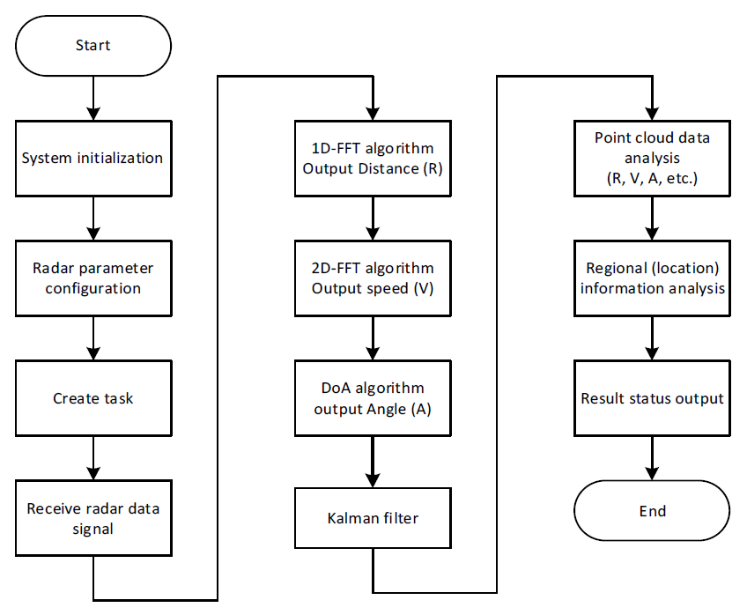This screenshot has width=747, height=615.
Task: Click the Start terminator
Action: (x=92, y=44)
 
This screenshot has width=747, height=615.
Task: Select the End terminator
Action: (x=652, y=511)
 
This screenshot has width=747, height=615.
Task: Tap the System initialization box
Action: (x=92, y=159)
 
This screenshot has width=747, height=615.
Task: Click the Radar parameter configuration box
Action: (x=92, y=278)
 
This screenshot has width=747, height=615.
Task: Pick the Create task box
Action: (x=92, y=398)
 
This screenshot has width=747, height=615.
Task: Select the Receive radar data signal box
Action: (x=92, y=518)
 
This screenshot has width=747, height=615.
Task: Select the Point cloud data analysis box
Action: (x=652, y=159)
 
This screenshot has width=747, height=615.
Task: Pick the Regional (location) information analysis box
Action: (x=652, y=278)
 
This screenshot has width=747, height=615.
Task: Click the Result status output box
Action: (x=652, y=398)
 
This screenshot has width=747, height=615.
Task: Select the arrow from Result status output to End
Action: (x=652, y=458)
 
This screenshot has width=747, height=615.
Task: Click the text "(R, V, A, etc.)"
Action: (x=652, y=178)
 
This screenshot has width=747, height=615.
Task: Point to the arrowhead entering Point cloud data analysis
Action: (x=652, y=114)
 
